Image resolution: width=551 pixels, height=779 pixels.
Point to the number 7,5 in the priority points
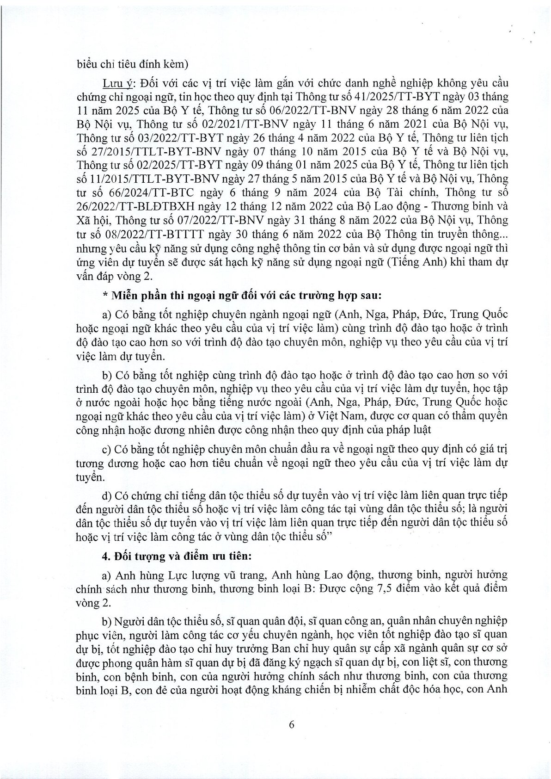[x=368, y=588]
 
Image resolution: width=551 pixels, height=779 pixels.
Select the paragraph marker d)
[x=107, y=495]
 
